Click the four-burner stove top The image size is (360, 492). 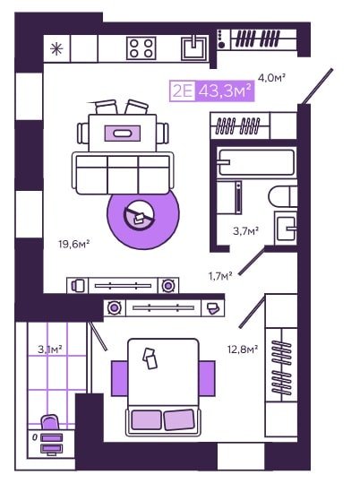pyautogui.click(x=141, y=48)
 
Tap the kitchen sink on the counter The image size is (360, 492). pyautogui.click(x=195, y=47)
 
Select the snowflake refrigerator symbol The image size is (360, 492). pyautogui.click(x=56, y=49)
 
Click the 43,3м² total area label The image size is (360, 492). pyautogui.click(x=225, y=91)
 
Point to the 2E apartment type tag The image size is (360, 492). pyautogui.click(x=182, y=91)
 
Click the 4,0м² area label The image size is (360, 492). pyautogui.click(x=271, y=77)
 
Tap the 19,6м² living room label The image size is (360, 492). pyautogui.click(x=74, y=244)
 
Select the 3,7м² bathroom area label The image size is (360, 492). pyautogui.click(x=246, y=231)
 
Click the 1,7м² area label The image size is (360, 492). pyautogui.click(x=220, y=276)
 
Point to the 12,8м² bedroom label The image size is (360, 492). pyautogui.click(x=243, y=349)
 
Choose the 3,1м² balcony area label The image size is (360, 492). pyautogui.click(x=50, y=349)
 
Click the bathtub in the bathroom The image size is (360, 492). pyautogui.click(x=256, y=162)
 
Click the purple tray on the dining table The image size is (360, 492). pyautogui.click(x=123, y=133)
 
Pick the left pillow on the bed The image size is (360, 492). pyautogui.click(x=146, y=419)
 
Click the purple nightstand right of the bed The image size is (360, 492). pyautogui.click(x=207, y=378)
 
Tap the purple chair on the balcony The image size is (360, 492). pyautogui.click(x=50, y=422)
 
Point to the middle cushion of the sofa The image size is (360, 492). pyautogui.click(x=123, y=175)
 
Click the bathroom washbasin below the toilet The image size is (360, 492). pyautogui.click(x=286, y=228)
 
